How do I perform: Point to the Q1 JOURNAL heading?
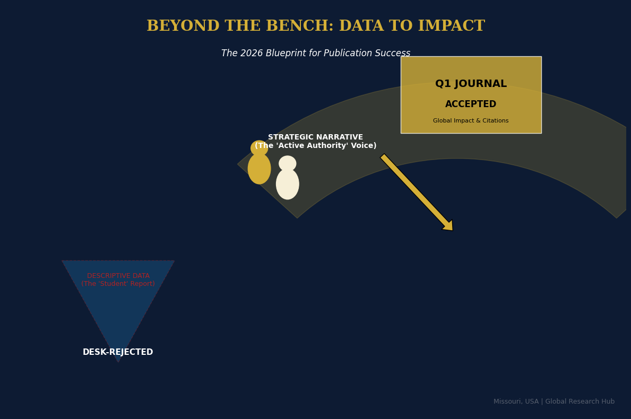click(x=471, y=84)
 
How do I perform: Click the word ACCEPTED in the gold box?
click(x=471, y=104)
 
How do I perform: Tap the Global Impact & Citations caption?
click(x=471, y=121)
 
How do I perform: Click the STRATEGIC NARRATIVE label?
click(x=315, y=137)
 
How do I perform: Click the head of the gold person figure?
click(x=259, y=148)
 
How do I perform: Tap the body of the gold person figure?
click(x=259, y=169)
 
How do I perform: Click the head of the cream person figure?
click(x=288, y=163)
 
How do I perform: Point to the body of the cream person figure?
click(x=288, y=185)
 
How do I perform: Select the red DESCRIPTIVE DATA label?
click(x=118, y=276)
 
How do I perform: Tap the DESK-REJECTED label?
click(x=118, y=352)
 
